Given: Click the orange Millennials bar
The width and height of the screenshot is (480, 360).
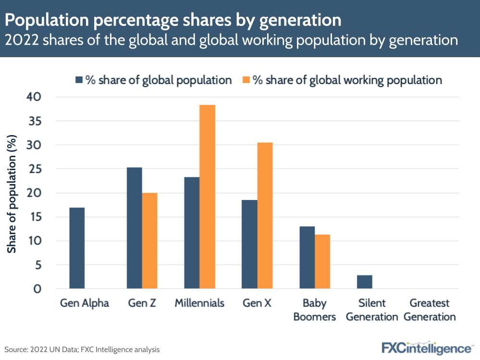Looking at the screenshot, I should tap(207, 197).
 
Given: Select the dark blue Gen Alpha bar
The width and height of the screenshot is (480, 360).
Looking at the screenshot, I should tap(77, 248).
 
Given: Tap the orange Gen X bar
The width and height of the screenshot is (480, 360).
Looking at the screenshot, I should tap(265, 216).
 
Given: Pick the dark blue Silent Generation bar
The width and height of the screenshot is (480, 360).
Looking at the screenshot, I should tap(365, 282).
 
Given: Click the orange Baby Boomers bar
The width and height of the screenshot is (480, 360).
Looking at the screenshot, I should tap(322, 262).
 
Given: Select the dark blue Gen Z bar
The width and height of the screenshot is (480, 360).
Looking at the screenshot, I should tap(134, 228).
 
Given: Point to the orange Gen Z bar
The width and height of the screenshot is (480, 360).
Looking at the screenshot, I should tap(149, 241).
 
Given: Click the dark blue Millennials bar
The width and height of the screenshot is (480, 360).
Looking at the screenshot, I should tap(192, 233).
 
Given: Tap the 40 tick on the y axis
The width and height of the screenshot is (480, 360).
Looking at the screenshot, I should tap(35, 97).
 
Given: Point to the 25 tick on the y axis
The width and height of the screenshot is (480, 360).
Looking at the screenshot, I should tap(35, 169).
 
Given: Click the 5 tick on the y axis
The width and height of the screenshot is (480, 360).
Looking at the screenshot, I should tap(38, 265).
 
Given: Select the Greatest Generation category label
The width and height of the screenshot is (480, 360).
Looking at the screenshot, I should tap(430, 310).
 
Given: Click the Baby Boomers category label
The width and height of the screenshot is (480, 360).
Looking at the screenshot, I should tap(315, 310).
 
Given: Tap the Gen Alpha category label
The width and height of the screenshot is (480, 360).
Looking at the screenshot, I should tap(85, 304).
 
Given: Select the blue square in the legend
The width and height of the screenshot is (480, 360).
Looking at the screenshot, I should tap(79, 80).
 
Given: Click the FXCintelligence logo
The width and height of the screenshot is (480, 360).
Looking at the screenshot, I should tap(427, 348).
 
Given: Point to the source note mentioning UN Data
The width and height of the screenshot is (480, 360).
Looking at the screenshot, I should tap(82, 349).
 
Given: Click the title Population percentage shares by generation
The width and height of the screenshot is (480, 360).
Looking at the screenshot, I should tap(173, 20).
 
